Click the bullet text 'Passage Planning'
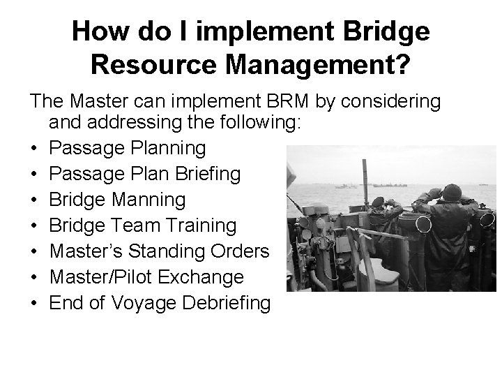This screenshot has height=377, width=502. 128,148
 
